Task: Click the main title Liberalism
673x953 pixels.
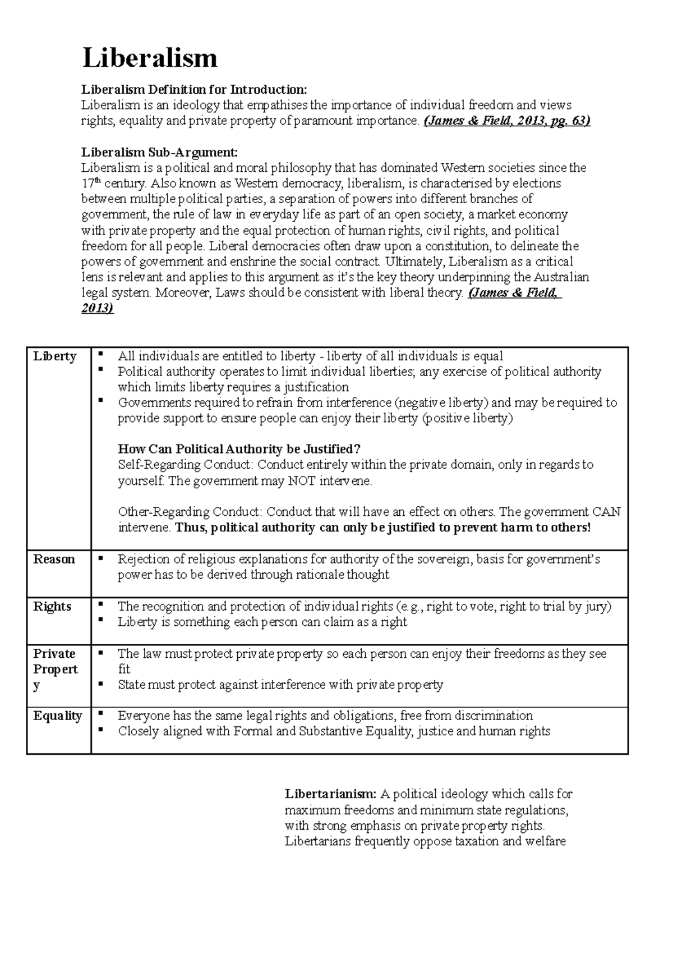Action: pos(150,58)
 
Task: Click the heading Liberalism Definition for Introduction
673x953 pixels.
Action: pos(194,89)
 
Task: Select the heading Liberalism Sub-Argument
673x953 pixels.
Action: pos(159,152)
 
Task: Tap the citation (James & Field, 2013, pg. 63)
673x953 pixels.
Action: pos(506,121)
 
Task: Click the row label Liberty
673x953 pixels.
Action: pos(54,356)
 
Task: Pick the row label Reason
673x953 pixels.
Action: pos(54,559)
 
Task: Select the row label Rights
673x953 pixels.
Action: pos(52,607)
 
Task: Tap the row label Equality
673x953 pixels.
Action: pos(57,716)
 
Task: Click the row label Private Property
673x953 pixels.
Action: pos(55,669)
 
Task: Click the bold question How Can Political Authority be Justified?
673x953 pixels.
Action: pos(239,449)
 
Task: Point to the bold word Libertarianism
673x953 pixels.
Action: pos(330,794)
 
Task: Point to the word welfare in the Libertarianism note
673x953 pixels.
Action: pos(546,841)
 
